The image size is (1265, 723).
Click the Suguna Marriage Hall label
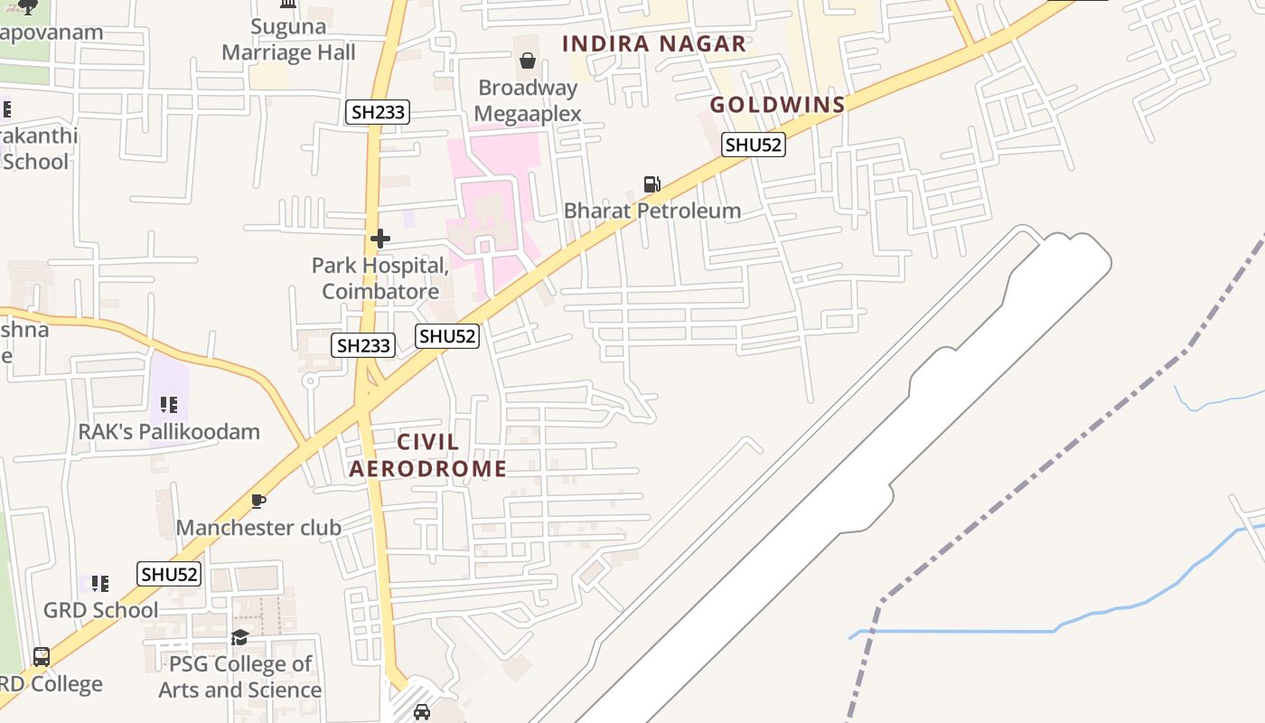tap(288, 40)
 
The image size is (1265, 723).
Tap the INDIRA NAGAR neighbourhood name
tap(654, 43)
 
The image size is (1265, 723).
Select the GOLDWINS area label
tap(777, 105)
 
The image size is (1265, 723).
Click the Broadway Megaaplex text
tap(528, 100)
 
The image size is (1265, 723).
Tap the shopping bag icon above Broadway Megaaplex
tap(528, 61)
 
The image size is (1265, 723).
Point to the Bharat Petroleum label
tap(651, 211)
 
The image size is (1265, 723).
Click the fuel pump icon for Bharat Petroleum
tap(651, 184)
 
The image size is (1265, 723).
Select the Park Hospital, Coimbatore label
tap(380, 278)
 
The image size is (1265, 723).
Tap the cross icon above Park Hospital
tap(380, 239)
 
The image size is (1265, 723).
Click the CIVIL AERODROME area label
tap(427, 455)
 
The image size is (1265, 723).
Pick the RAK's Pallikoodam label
tap(169, 431)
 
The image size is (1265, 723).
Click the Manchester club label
tap(258, 527)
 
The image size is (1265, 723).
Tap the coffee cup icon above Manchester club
tap(258, 501)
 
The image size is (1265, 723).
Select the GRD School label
tap(100, 610)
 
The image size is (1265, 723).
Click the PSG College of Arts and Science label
tap(239, 677)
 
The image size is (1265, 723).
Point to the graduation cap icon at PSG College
tap(239, 638)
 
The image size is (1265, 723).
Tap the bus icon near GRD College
tap(42, 657)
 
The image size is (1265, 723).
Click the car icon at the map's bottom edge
tap(421, 712)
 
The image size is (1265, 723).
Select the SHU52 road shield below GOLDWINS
tap(753, 145)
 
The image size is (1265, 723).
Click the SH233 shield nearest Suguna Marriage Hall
tap(379, 112)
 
